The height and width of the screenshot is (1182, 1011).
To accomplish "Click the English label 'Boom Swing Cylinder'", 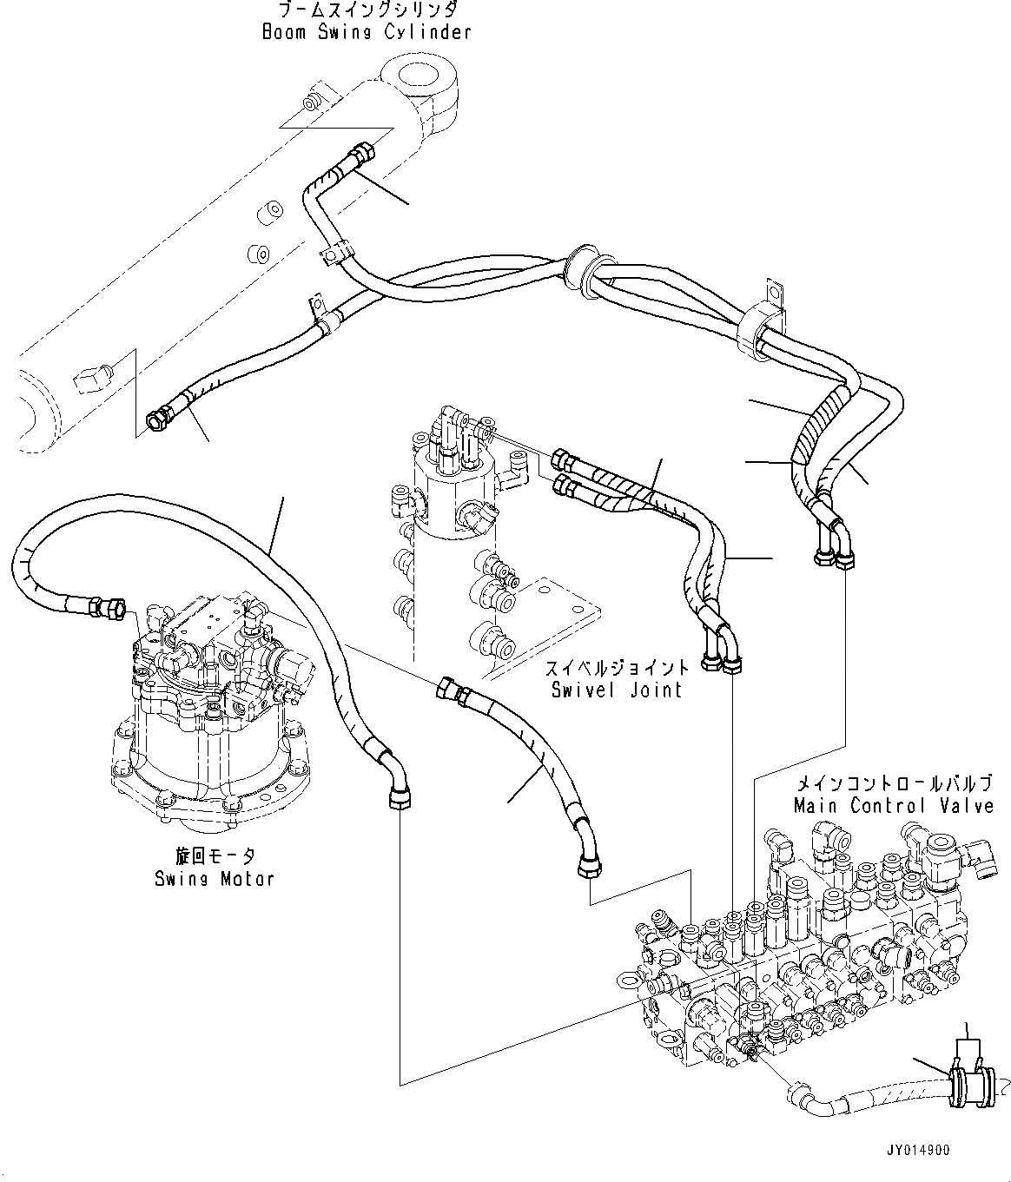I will click(367, 32).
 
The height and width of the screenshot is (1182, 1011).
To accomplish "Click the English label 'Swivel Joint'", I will click(617, 690).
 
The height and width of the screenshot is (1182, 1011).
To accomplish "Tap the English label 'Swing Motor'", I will click(215, 878).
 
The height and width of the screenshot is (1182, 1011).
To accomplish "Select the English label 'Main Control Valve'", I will click(894, 805).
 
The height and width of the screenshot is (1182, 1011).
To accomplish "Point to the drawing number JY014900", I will click(918, 1151).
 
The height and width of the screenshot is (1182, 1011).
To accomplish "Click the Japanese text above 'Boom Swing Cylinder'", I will click(367, 10).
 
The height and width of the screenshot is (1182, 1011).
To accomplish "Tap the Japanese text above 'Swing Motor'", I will click(215, 856).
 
